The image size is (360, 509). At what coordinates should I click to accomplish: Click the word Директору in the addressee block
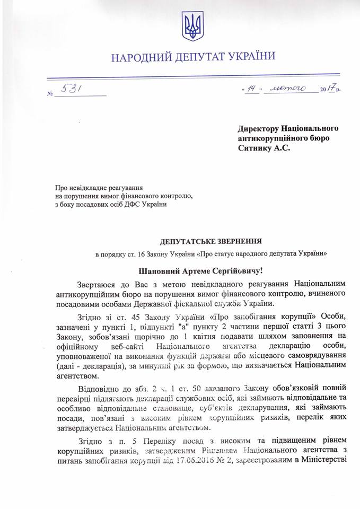258,129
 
